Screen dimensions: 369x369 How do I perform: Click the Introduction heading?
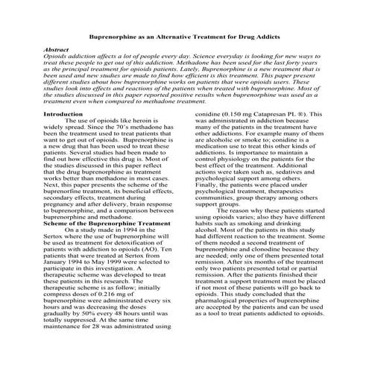pyautogui.click(x=63, y=113)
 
